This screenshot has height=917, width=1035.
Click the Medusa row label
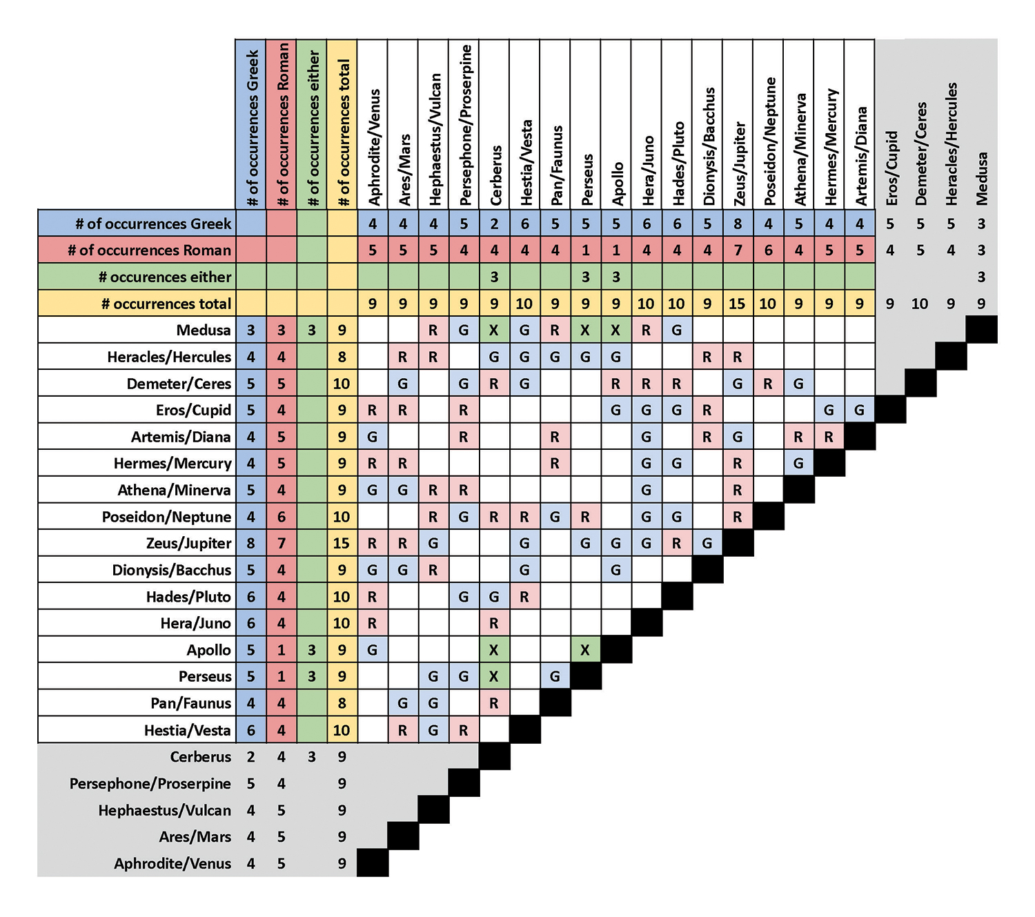203,330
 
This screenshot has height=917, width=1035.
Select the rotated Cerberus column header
495,175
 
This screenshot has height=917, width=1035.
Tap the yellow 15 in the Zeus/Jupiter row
342,543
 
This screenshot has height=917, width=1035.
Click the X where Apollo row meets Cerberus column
494,650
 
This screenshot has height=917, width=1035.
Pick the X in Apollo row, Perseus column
585,650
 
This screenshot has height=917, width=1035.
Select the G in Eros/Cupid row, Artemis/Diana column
859,410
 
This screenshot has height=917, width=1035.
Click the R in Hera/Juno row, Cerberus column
494,623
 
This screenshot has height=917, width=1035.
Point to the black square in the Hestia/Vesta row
524,730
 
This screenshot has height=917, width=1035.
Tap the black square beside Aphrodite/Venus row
373,863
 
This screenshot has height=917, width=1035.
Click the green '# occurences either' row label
165,277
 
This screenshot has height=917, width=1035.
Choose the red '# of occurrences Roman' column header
282,124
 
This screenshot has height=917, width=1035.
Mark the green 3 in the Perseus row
312,676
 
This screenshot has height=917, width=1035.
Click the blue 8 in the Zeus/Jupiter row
250,543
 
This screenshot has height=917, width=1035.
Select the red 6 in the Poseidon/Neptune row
281,517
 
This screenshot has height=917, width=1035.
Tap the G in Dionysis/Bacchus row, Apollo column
615,570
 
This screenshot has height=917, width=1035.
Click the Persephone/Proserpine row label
150,784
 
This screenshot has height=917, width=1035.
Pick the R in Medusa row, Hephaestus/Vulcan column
433,330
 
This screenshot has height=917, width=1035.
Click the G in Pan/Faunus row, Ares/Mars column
403,703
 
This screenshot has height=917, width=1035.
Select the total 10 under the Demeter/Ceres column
920,304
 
